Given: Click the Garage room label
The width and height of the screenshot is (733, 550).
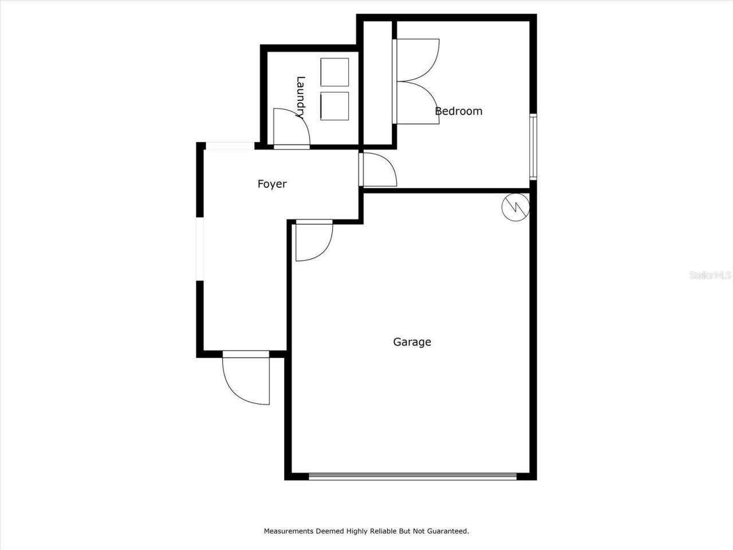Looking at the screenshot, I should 412,342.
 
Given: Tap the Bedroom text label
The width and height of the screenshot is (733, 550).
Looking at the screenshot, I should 459,111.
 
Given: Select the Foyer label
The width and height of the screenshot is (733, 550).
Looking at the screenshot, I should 272,184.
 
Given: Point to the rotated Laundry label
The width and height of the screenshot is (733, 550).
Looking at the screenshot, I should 300,97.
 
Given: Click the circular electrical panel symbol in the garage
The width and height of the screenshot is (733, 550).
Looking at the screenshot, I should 515,207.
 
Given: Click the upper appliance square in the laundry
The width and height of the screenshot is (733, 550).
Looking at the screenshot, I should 334,72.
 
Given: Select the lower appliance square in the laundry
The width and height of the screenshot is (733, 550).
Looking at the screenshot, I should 334,106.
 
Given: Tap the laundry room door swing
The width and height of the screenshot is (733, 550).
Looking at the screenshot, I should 290,128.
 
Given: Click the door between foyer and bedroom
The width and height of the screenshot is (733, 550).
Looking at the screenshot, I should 378,170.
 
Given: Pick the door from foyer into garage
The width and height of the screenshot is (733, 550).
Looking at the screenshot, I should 313,241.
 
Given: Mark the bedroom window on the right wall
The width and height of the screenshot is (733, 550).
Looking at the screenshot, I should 533,147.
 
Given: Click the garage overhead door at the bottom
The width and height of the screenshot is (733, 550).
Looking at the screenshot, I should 412,476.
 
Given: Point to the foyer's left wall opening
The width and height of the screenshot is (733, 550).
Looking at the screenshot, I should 200,249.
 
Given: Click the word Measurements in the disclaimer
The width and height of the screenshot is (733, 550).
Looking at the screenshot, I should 288,531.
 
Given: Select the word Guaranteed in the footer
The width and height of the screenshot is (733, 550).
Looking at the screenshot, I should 447,531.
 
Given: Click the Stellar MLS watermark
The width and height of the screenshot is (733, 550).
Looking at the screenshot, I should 710,275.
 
